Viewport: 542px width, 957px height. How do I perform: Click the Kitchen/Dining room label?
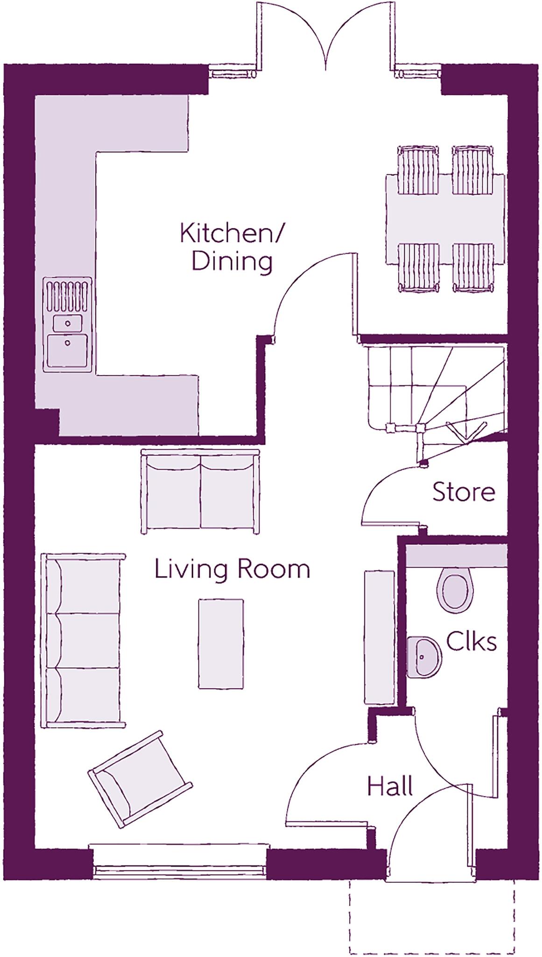[232, 247]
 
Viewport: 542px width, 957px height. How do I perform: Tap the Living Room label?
[232, 569]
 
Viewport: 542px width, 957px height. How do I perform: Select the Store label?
[463, 492]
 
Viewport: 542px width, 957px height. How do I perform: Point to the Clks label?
[471, 642]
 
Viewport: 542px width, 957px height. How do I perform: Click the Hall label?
[390, 786]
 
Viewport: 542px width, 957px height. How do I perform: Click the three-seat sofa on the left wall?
[83, 641]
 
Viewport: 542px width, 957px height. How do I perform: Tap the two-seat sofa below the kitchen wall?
[200, 492]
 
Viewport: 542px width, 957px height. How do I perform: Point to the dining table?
[445, 219]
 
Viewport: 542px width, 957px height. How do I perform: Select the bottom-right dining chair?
[473, 268]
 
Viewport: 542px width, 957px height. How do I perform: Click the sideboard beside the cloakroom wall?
[380, 637]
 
